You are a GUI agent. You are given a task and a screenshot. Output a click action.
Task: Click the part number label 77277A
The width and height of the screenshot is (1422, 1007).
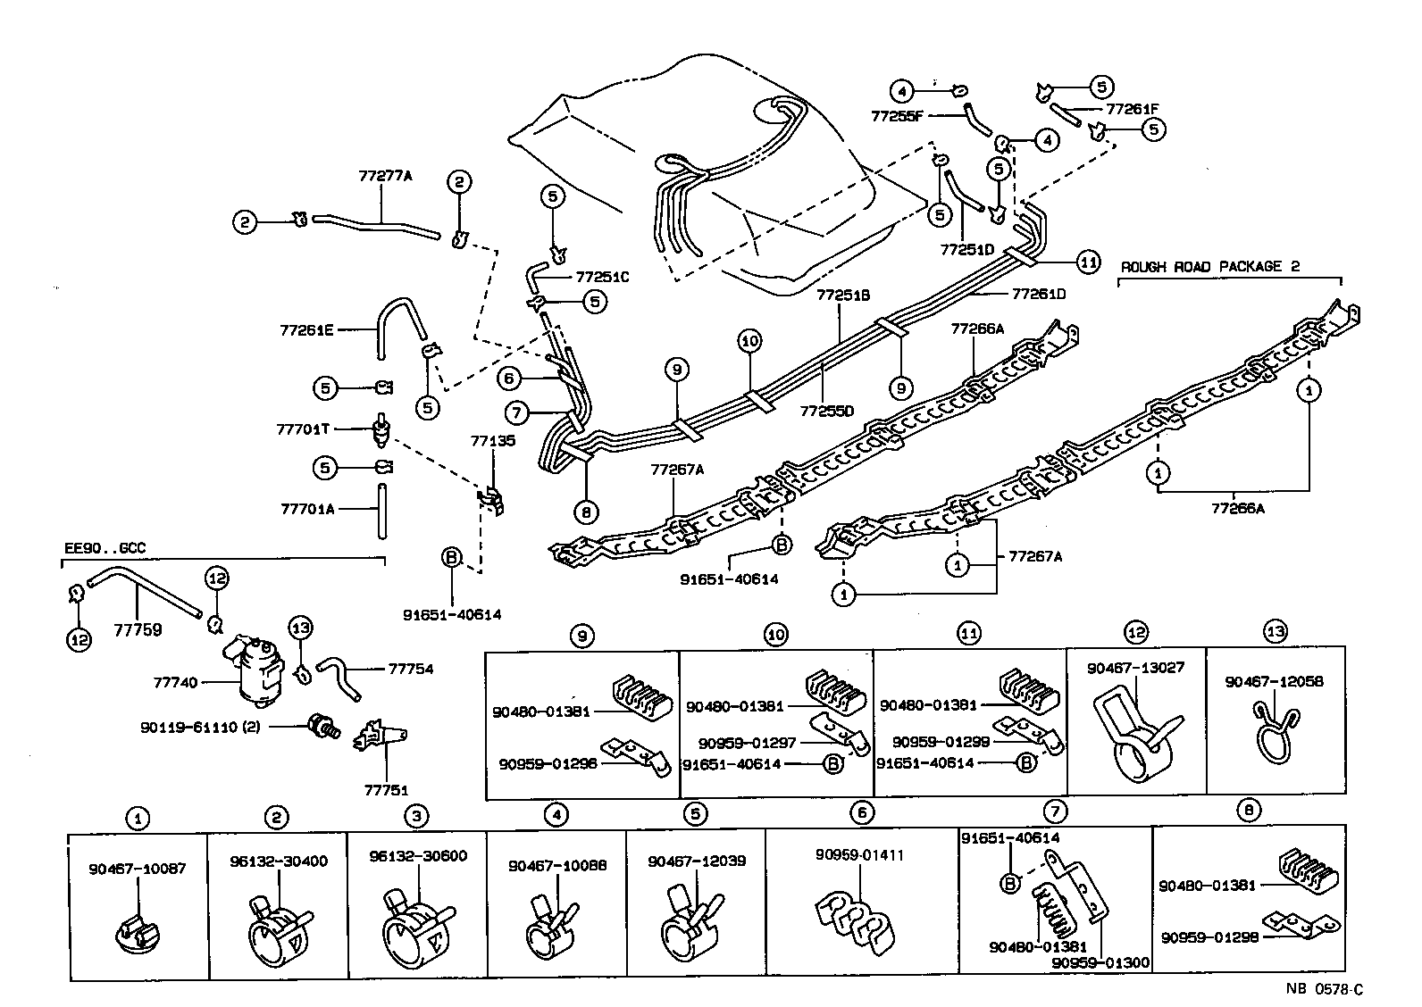pyautogui.click(x=386, y=176)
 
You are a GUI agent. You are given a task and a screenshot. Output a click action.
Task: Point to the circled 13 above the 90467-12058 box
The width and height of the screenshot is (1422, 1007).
pyautogui.click(x=1275, y=632)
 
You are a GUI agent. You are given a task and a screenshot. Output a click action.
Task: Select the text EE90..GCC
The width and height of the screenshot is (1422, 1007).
pyautogui.click(x=105, y=548)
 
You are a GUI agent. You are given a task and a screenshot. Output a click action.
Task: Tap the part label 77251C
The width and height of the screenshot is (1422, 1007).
pyautogui.click(x=602, y=277)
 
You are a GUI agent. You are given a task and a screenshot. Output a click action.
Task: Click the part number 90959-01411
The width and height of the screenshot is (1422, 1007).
pyautogui.click(x=859, y=854)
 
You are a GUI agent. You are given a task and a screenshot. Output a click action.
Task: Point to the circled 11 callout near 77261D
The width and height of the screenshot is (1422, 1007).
pyautogui.click(x=1087, y=262)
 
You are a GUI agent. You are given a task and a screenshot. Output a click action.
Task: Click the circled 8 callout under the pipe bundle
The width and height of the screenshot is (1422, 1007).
pyautogui.click(x=586, y=512)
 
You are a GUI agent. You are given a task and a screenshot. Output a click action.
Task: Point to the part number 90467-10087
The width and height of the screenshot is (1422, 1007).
pyautogui.click(x=138, y=868)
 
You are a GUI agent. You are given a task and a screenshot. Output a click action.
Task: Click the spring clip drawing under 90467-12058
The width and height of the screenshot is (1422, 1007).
pyautogui.click(x=1276, y=731)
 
